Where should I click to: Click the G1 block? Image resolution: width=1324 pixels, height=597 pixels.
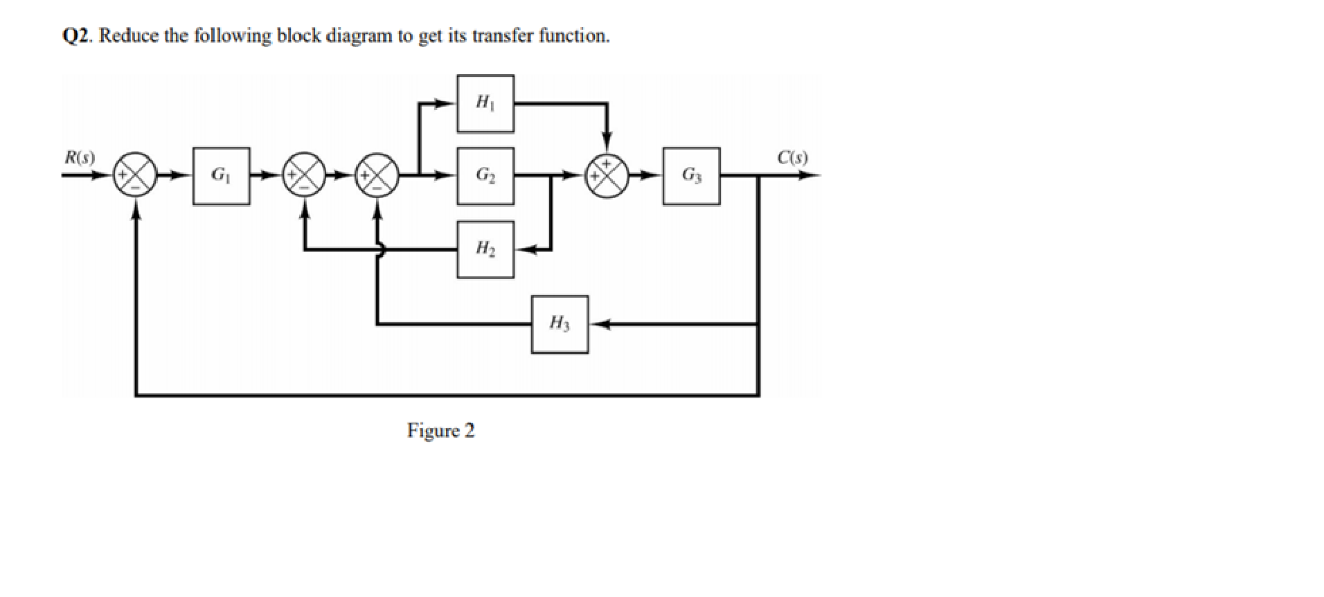221,176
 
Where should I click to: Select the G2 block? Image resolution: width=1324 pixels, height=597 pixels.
485,176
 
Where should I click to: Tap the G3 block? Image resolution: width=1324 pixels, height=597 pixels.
691,176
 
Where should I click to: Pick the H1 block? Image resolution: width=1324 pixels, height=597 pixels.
485,104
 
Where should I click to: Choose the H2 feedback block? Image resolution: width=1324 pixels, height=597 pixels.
485,249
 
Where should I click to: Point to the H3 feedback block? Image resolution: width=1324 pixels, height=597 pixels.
560,324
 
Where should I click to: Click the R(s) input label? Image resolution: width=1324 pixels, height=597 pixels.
80,157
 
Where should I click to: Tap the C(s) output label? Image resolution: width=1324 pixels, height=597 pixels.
792,157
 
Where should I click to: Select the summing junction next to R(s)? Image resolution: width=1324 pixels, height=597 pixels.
134,176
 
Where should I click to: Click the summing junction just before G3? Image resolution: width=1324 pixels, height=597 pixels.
607,176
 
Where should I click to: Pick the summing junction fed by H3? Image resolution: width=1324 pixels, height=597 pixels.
377,176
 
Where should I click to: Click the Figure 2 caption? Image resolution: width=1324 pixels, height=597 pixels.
441,431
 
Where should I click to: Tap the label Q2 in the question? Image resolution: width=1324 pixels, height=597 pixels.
77,36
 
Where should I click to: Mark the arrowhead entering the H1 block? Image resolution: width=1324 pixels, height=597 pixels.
447,104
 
